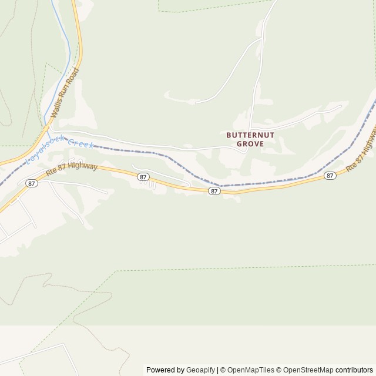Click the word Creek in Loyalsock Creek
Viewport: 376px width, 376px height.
80,143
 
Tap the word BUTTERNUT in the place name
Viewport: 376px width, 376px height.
250,135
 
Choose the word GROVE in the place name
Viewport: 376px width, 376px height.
250,143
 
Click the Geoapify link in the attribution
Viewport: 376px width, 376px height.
200,370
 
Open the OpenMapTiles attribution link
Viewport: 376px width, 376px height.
250,370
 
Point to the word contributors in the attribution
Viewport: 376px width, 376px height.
354,370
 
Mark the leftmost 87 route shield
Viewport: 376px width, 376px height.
32,184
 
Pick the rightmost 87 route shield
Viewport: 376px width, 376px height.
330,175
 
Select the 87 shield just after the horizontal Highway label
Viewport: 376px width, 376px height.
142,177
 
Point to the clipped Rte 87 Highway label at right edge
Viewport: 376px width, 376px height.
362,153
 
